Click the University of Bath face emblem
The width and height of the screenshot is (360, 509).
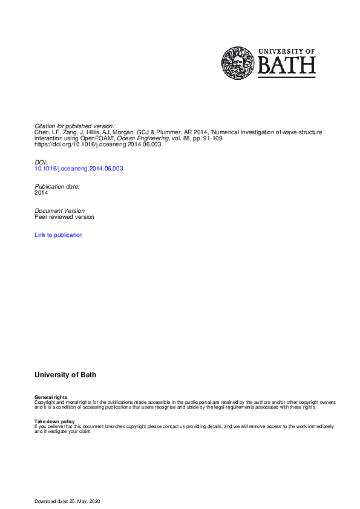coord(238,63)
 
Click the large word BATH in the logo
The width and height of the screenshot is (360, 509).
coord(287,65)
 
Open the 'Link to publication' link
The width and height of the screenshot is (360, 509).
coord(59,235)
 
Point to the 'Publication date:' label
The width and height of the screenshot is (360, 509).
coord(57,187)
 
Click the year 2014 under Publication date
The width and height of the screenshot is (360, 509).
coord(42,193)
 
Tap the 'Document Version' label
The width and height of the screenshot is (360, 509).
coord(60,211)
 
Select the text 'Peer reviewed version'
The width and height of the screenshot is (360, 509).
coord(64,217)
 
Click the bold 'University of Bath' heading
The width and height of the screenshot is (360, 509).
coord(65,375)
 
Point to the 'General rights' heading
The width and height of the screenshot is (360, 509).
coord(51,397)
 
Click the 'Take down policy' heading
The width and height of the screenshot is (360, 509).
coord(55,421)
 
